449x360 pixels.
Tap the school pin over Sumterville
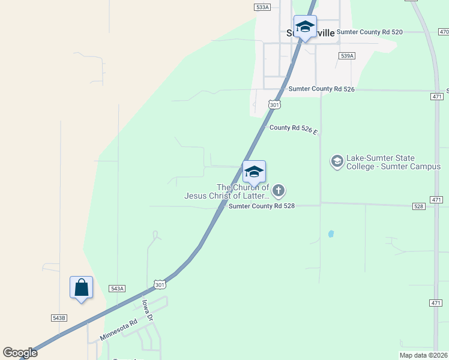pyautogui.click(x=305, y=27)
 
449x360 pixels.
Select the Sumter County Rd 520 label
pyautogui.click(x=369, y=32)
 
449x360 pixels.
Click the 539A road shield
pyautogui.click(x=347, y=55)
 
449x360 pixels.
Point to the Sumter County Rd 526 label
pyautogui.click(x=322, y=89)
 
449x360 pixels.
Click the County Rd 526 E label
pyautogui.click(x=294, y=128)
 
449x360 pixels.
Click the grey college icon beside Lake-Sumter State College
pyautogui.click(x=337, y=161)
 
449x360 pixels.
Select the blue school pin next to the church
pyautogui.click(x=254, y=172)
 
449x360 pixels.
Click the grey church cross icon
pyautogui.click(x=278, y=191)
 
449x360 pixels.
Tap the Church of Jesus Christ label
pyautogui.click(x=226, y=191)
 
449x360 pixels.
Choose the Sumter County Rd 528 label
pyautogui.click(x=261, y=206)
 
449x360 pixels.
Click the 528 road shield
pyautogui.click(x=419, y=206)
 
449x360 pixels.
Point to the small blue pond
pyautogui.click(x=331, y=233)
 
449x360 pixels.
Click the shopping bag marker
pyautogui.click(x=81, y=287)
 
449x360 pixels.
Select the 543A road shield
pyautogui.click(x=117, y=289)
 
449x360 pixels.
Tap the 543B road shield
pyautogui.click(x=59, y=317)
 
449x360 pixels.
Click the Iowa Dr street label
pyautogui.click(x=148, y=310)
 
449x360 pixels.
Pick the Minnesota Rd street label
pyautogui.click(x=119, y=329)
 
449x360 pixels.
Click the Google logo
pyautogui.click(x=20, y=353)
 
